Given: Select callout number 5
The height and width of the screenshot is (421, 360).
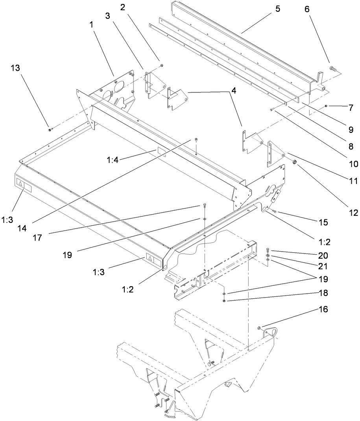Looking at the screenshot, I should pos(278,9).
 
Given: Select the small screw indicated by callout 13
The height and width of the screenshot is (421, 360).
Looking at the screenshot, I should pos(50,129).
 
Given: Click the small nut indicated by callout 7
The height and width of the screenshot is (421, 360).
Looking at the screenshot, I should pos(327,106).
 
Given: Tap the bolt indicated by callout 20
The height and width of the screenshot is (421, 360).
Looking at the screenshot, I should pos(267,250).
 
